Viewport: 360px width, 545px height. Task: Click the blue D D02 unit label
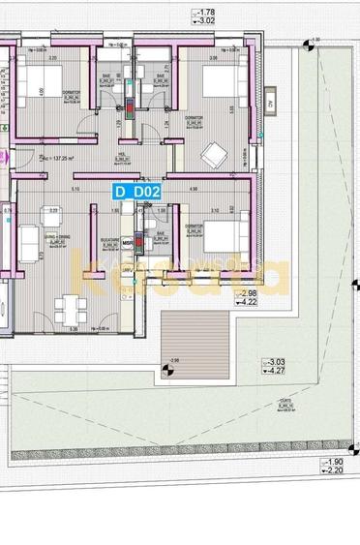(136, 192)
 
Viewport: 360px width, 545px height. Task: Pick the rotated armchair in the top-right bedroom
(211, 153)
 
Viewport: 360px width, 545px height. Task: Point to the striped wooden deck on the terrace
(193, 342)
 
